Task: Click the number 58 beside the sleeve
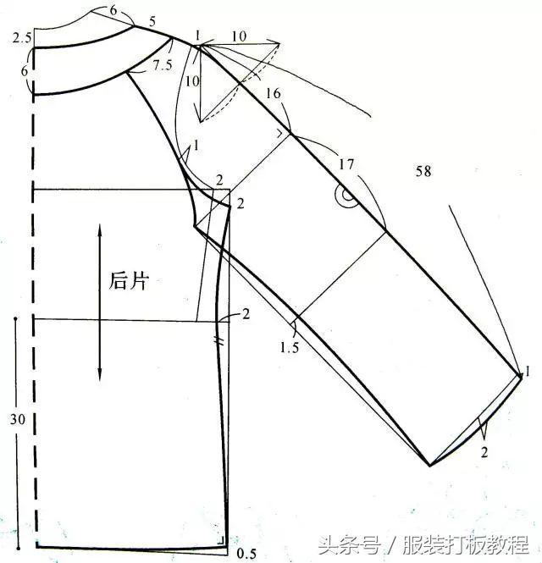423,171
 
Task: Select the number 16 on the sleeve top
273,94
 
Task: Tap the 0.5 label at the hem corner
246,553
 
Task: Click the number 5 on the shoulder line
152,22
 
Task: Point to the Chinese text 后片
129,280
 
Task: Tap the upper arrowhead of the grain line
100,229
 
